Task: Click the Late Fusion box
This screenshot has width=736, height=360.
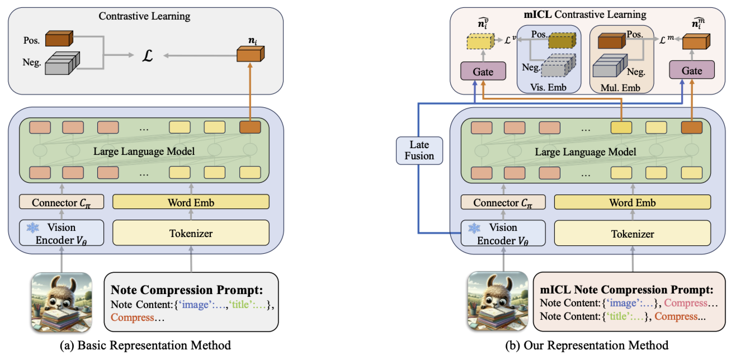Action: (419, 150)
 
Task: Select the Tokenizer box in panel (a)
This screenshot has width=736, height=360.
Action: (192, 233)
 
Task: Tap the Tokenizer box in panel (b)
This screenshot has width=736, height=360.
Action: (633, 234)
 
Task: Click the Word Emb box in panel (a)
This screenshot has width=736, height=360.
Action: (192, 202)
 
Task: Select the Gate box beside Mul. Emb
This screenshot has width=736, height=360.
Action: (692, 72)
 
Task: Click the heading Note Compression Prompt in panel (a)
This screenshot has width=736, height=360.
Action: (187, 290)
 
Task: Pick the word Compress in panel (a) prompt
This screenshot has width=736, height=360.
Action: (133, 318)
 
